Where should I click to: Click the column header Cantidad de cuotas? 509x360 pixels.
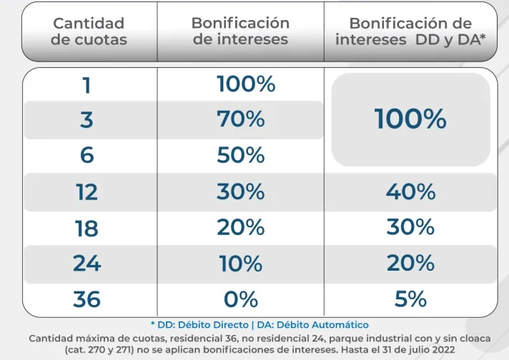tap(89, 31)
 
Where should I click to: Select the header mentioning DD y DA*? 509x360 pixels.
tap(410, 31)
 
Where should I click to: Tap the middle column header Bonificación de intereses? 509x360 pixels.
tap(240, 31)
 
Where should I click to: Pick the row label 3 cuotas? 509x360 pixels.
tap(87, 120)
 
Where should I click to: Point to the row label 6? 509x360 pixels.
tap(87, 155)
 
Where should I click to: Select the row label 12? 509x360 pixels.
tap(87, 192)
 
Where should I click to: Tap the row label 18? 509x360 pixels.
tap(87, 229)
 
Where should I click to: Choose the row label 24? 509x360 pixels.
tap(87, 264)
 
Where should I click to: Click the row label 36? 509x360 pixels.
tap(87, 299)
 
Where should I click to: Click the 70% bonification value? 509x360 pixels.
tap(241, 119)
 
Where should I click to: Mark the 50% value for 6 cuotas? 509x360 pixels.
tap(241, 155)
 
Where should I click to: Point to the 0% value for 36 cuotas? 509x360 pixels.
tap(241, 299)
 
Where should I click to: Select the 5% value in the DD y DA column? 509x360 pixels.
tap(410, 299)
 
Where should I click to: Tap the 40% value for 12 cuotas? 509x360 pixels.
tap(410, 192)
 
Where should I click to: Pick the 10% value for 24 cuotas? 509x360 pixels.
tap(241, 264)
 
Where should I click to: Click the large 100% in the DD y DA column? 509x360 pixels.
tap(410, 119)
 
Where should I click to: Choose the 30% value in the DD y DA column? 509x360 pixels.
tap(410, 228)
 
